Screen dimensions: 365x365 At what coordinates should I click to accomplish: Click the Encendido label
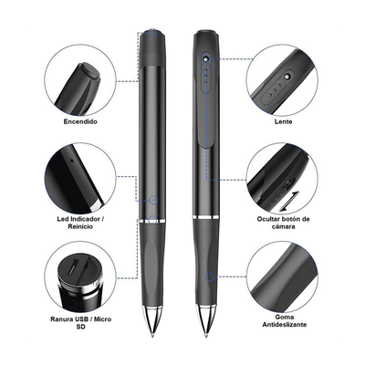click(x=80, y=121)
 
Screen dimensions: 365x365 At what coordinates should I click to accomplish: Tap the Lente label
click(x=283, y=121)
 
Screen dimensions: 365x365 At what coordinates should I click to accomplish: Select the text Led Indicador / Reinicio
click(x=78, y=223)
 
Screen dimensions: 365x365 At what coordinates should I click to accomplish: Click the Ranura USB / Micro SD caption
click(x=80, y=323)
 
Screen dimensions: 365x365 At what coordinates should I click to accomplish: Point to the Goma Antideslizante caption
click(x=285, y=320)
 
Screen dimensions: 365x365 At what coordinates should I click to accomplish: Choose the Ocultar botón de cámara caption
click(x=283, y=223)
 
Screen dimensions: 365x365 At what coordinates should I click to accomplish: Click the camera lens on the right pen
click(x=206, y=57)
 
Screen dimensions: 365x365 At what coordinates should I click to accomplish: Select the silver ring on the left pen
click(x=152, y=220)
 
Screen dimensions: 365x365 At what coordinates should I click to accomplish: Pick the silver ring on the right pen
click(x=206, y=217)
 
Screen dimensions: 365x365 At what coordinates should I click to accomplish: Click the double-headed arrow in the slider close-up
click(x=289, y=201)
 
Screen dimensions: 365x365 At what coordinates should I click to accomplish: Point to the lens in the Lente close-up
click(x=287, y=76)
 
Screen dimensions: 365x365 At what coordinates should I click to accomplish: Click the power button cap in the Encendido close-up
click(x=89, y=71)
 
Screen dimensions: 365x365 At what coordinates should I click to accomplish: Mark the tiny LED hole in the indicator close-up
click(x=71, y=159)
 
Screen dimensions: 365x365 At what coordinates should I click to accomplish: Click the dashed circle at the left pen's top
click(x=152, y=33)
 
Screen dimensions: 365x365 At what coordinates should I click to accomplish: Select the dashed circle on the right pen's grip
click(x=209, y=276)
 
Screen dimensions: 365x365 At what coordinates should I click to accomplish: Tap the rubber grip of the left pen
click(x=152, y=265)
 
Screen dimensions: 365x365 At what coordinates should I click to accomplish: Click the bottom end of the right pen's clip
click(x=206, y=146)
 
